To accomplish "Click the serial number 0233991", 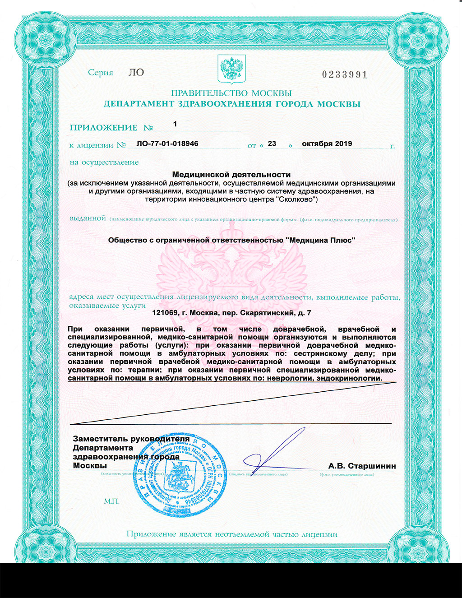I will [x=345, y=75].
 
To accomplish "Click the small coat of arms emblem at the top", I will [x=231, y=69].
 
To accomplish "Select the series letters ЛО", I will [x=136, y=73].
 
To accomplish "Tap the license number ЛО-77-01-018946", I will [x=167, y=144].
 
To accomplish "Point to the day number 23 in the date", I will [x=272, y=144].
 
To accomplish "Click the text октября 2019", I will [x=327, y=144].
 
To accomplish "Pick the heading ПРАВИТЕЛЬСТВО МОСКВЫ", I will [x=231, y=93].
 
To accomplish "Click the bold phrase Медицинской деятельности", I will [x=231, y=174].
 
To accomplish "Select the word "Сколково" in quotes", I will [x=296, y=199].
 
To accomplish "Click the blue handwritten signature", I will [x=275, y=454].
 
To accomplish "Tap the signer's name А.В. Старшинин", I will [x=362, y=466].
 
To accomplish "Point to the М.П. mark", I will [x=111, y=501].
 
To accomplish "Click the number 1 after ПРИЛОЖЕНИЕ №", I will [x=175, y=124].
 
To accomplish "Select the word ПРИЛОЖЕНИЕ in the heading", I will [x=103, y=128].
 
